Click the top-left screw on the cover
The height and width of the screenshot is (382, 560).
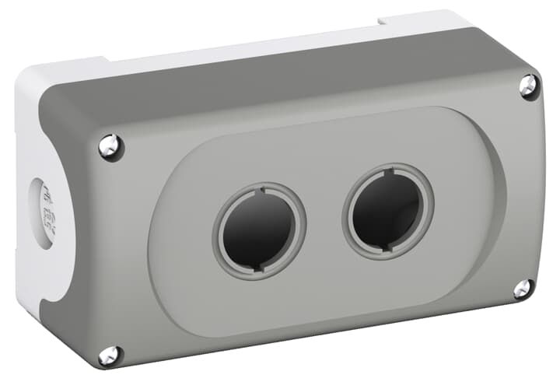click(110, 145)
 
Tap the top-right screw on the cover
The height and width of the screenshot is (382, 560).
click(528, 86)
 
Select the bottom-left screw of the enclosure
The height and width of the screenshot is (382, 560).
click(109, 356)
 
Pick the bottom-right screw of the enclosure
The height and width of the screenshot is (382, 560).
click(523, 289)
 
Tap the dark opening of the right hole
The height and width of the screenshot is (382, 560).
click(387, 209)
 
